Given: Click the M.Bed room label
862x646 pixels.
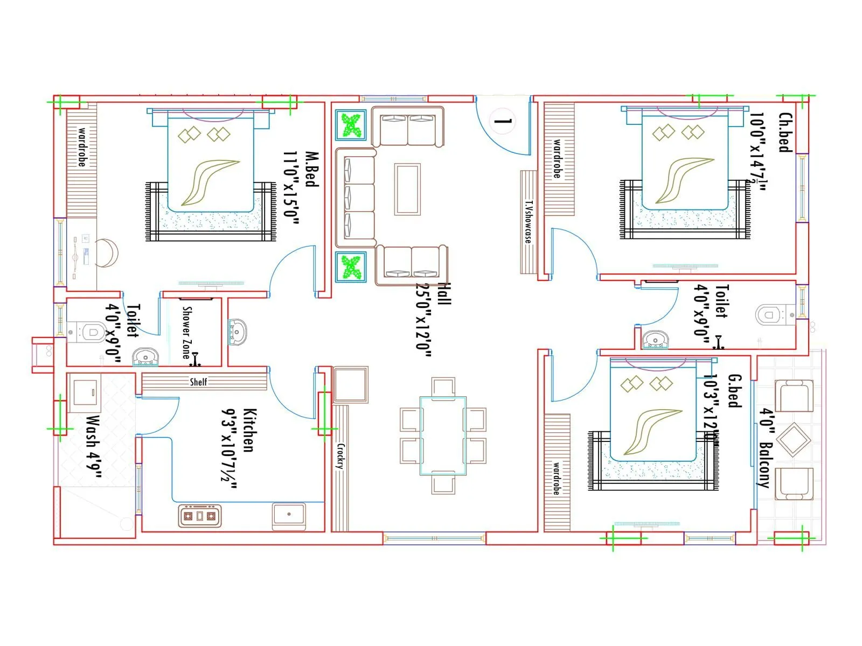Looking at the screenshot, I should (x=311, y=169).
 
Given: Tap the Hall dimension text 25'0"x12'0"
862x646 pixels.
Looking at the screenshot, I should (x=424, y=317).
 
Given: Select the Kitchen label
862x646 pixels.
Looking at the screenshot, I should (x=249, y=430).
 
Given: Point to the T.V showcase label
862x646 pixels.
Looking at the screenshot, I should (x=529, y=221).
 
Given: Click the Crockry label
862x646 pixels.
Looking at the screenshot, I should (x=340, y=456).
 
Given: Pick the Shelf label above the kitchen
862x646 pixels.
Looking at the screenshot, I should (x=198, y=382).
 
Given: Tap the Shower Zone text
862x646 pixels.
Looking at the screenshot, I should (x=186, y=332).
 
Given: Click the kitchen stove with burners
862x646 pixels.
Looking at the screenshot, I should (x=199, y=516).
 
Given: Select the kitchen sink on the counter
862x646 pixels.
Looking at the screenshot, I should (x=289, y=514).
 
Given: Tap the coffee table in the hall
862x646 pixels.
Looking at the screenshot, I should (x=407, y=189).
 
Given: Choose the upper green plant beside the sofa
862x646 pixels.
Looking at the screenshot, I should (x=351, y=125).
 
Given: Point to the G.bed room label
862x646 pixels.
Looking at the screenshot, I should (x=734, y=391).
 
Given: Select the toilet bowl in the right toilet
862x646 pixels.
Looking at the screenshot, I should (x=769, y=314).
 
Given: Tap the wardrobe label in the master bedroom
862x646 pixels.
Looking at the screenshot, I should (x=82, y=146).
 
